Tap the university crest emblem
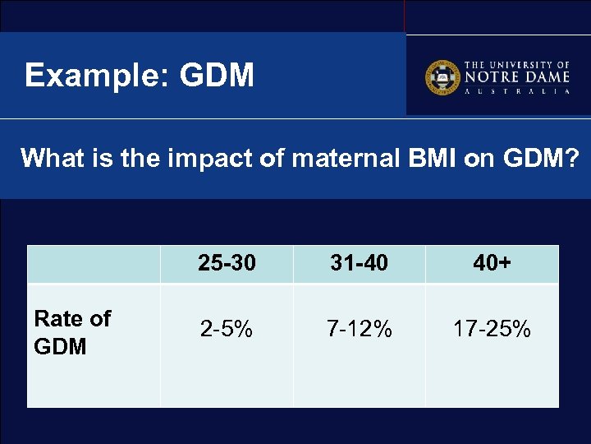pyautogui.click(x=442, y=77)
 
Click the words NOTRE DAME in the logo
pyautogui.click(x=516, y=77)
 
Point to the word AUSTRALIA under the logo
pyautogui.click(x=516, y=92)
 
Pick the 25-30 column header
pyautogui.click(x=227, y=263)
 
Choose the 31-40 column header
pyautogui.click(x=359, y=263)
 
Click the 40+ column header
pyautogui.click(x=492, y=263)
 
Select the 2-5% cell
pyautogui.click(x=227, y=330)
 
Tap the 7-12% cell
pyautogui.click(x=359, y=330)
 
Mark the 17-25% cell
pyautogui.click(x=492, y=330)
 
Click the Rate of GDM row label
pyautogui.click(x=72, y=332)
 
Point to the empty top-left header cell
pyautogui.click(x=94, y=264)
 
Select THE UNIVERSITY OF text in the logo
pyautogui.click(x=517, y=64)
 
